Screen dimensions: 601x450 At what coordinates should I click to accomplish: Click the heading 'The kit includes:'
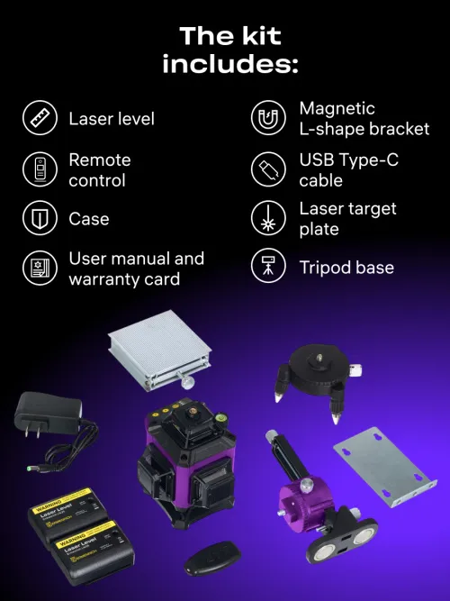[x=230, y=50]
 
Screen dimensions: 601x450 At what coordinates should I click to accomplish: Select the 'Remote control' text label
[x=100, y=170]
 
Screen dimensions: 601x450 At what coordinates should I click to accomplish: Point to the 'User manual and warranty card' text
[x=136, y=269]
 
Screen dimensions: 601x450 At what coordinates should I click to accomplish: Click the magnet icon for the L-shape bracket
[x=268, y=119]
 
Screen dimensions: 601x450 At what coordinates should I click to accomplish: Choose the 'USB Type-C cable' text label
[x=348, y=170]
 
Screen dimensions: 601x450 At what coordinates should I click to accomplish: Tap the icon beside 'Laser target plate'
[x=268, y=219]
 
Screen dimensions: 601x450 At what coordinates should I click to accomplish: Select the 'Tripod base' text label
[x=346, y=268]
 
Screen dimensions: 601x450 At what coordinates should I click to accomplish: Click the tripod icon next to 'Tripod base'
[x=268, y=268]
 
